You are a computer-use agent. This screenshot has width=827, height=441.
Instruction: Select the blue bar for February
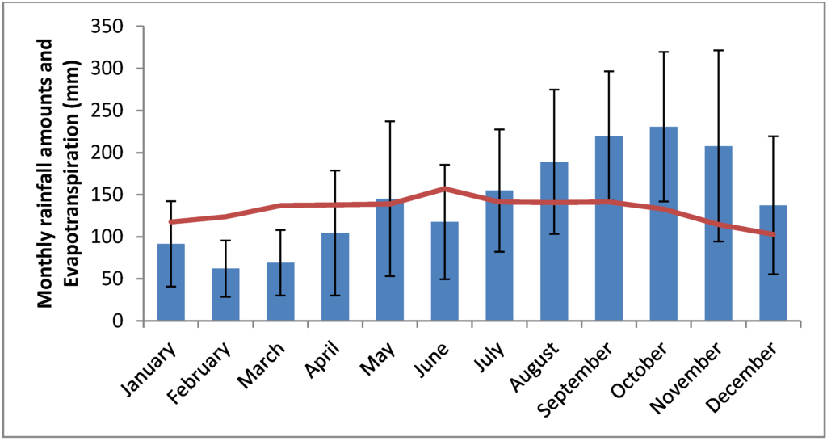coord(225,295)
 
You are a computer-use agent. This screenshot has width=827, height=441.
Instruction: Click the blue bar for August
coord(554,241)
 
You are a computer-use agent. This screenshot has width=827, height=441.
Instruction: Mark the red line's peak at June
coord(445,189)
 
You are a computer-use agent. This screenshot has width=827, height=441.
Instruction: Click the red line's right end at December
coord(773,234)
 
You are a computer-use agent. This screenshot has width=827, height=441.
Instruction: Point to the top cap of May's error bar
coord(390,121)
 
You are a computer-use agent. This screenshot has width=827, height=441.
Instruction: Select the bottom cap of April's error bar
coord(335,296)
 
